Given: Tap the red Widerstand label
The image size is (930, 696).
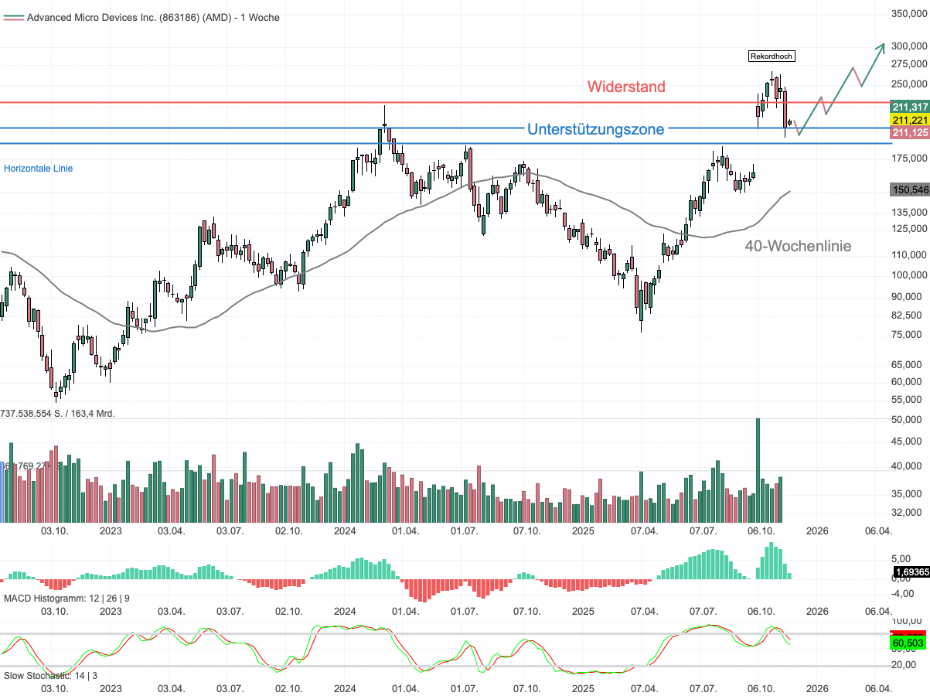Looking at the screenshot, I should pos(625,87).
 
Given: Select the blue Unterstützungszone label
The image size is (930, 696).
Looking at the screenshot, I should pos(595,129).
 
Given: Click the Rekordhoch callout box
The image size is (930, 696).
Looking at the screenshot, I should pos(772,56).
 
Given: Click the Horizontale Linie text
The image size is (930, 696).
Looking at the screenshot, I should pos(39,168).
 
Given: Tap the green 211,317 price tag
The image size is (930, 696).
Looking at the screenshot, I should pos(910,107).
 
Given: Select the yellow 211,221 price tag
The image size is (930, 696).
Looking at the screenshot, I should pos(910,120).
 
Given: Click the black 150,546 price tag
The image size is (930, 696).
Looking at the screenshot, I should pos(910,189).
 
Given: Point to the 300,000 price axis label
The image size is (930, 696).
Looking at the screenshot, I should pos(909,46).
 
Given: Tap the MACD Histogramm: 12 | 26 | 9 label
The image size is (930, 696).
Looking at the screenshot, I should pos(67,599).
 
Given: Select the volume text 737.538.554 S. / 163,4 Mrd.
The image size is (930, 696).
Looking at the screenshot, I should pos(58,414).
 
